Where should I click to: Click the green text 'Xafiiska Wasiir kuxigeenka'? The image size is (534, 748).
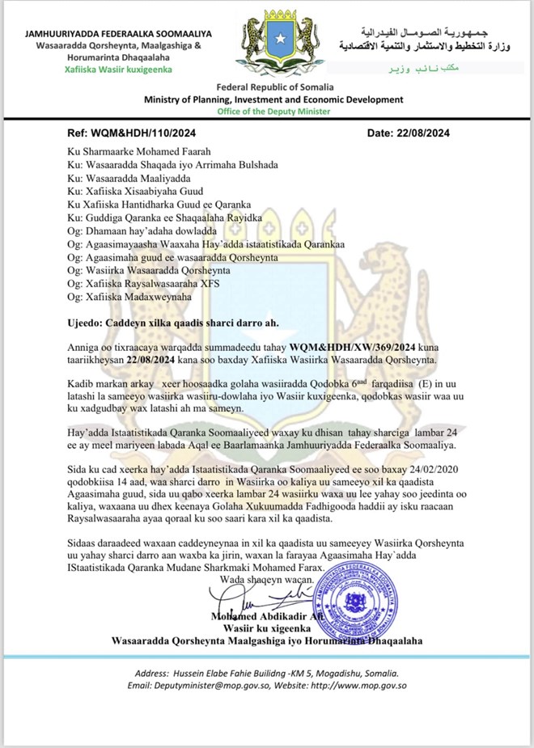pyautogui.click(x=118, y=70)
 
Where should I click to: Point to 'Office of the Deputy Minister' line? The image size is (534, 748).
pyautogui.click(x=273, y=111)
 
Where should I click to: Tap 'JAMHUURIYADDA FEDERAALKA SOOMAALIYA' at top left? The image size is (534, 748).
pyautogui.click(x=118, y=34)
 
